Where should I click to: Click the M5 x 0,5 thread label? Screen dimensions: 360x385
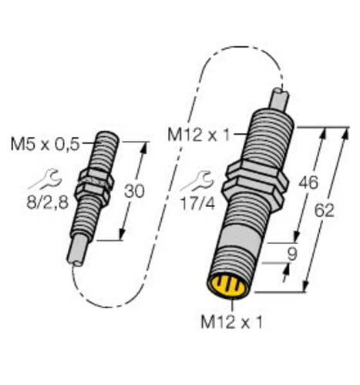click(45, 145)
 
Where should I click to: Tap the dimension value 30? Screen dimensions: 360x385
click(134, 191)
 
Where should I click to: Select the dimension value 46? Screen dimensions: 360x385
click(308, 182)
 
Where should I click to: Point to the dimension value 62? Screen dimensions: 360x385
click(325, 211)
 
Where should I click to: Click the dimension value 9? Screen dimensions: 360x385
click(292, 254)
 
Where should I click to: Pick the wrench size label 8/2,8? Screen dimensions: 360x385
click(48, 203)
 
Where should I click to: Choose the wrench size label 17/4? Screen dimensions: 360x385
click(198, 204)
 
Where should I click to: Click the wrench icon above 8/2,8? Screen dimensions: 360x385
click(45, 179)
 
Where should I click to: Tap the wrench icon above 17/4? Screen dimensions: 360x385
click(197, 182)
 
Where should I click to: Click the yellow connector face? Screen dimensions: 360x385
click(228, 285)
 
